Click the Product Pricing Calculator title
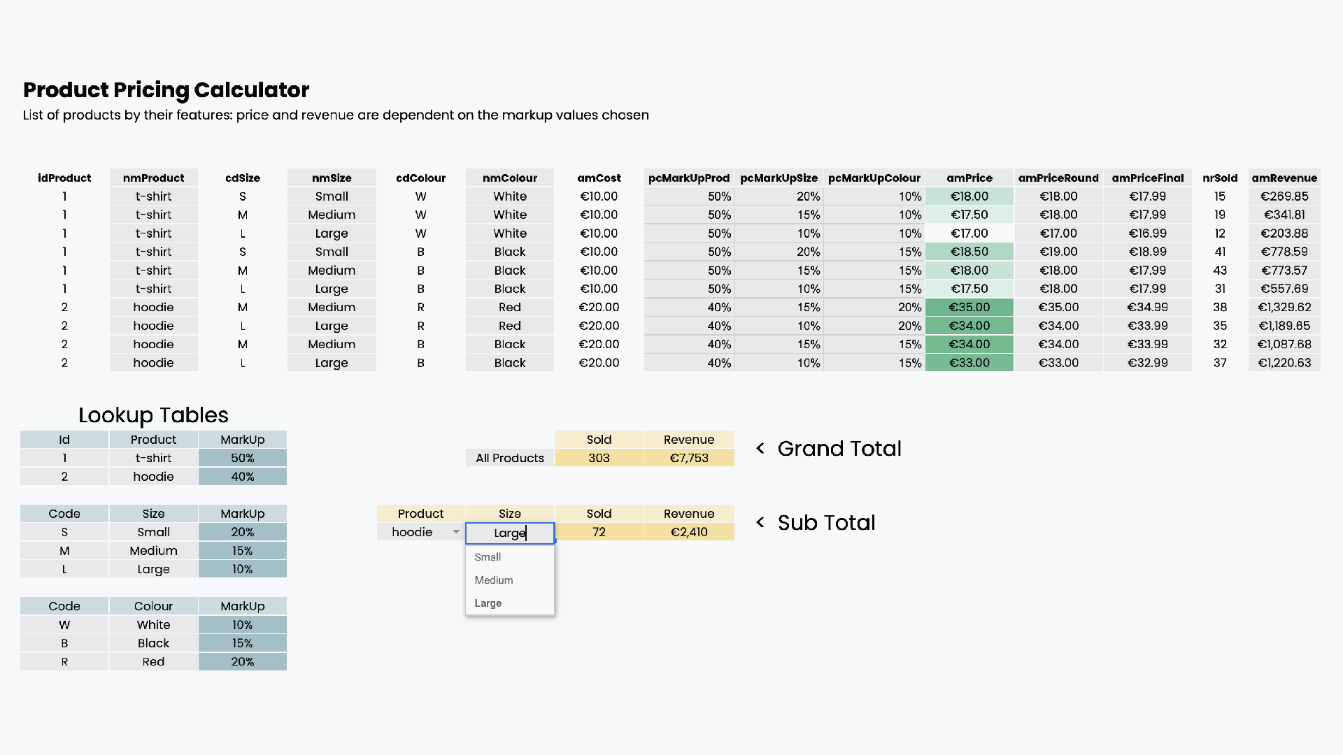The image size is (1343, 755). click(166, 90)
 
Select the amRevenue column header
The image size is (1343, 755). click(1284, 178)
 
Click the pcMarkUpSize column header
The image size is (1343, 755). click(779, 178)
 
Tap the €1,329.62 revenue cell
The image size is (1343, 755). click(1284, 308)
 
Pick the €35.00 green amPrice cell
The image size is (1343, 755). click(969, 308)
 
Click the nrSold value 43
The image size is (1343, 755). click(1220, 271)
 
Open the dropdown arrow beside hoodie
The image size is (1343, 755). click(456, 532)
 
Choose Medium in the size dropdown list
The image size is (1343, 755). click(494, 580)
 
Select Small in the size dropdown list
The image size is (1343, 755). click(488, 557)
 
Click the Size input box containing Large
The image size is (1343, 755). click(510, 533)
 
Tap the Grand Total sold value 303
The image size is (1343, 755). click(599, 459)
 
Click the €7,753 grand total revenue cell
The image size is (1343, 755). click(689, 459)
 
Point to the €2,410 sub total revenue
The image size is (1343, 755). click(689, 533)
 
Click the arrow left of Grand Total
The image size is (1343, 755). click(760, 449)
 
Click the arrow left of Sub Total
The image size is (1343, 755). click(760, 523)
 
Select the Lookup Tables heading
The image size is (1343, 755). click(153, 415)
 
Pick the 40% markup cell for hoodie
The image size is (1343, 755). click(243, 477)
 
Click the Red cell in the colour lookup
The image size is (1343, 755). click(153, 662)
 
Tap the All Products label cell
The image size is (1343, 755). click(510, 459)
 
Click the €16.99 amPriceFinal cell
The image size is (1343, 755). click(1147, 233)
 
